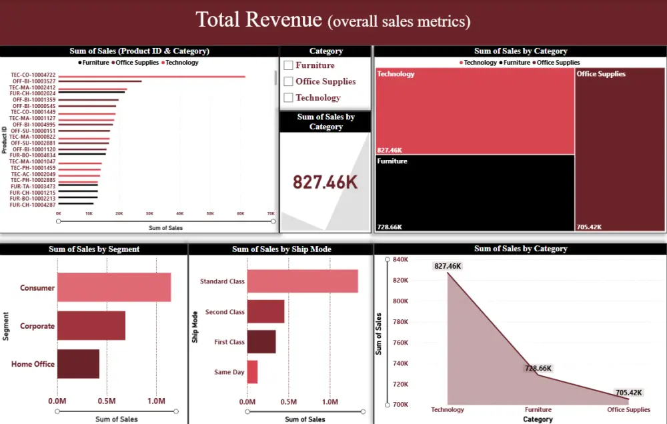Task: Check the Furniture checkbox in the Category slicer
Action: pyautogui.click(x=288, y=65)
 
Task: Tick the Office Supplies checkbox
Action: pyautogui.click(x=288, y=81)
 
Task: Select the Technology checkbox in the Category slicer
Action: pyautogui.click(x=288, y=97)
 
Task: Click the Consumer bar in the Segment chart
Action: pyautogui.click(x=113, y=287)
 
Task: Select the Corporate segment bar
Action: pyautogui.click(x=91, y=325)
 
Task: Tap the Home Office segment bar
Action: pyautogui.click(x=77, y=364)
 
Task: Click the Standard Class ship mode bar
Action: pyautogui.click(x=302, y=281)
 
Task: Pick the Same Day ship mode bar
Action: pyautogui.click(x=252, y=372)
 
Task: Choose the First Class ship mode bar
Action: pyautogui.click(x=261, y=342)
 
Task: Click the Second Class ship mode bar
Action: pyautogui.click(x=265, y=311)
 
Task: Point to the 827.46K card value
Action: pyautogui.click(x=325, y=182)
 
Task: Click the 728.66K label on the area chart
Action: pyautogui.click(x=538, y=369)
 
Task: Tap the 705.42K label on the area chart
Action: pyautogui.click(x=628, y=393)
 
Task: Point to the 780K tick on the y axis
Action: pyautogui.click(x=400, y=322)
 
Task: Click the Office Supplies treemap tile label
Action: pyautogui.click(x=601, y=74)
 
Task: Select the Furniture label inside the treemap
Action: pyautogui.click(x=392, y=161)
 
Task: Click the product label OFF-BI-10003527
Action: pyautogui.click(x=34, y=81)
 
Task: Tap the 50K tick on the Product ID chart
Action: pyautogui.click(x=210, y=213)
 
